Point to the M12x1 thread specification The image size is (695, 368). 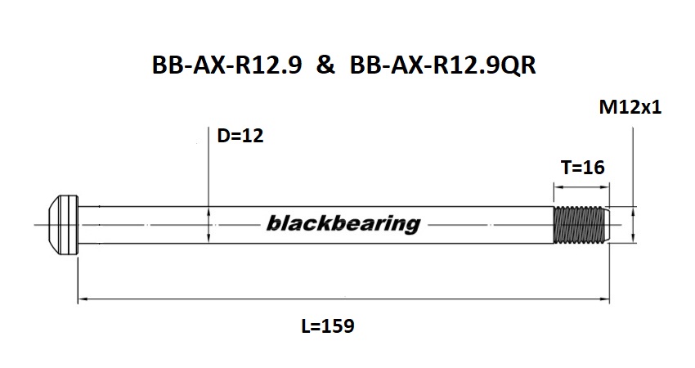tap(630, 107)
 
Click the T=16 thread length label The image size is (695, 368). tap(582, 168)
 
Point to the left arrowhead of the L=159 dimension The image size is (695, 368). tap(81, 300)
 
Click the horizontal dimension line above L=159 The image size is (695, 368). tap(343, 300)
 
